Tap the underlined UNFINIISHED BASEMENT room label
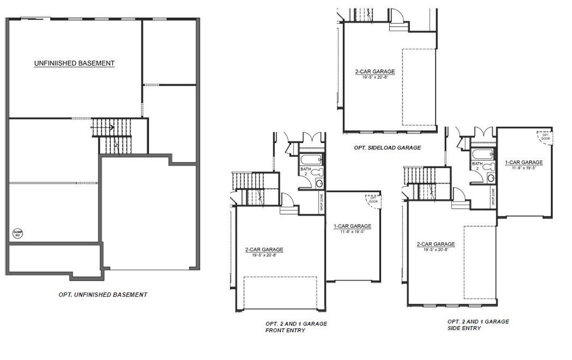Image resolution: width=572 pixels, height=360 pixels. click(75, 64)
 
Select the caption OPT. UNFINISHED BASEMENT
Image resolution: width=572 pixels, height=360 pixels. click(103, 295)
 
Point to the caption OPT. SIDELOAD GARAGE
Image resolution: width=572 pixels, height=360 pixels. click(387, 148)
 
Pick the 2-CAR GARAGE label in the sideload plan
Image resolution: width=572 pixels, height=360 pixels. click(375, 71)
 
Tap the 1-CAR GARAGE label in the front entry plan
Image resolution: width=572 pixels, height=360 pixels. click(352, 226)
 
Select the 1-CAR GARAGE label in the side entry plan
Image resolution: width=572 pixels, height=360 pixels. click(524, 162)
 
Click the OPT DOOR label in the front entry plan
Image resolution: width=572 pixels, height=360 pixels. click(373, 199)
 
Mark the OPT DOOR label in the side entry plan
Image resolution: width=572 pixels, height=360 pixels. click(545, 136)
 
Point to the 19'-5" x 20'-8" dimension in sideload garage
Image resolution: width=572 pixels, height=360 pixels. click(375, 76)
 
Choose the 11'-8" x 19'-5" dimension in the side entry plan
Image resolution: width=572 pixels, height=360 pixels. click(524, 168)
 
